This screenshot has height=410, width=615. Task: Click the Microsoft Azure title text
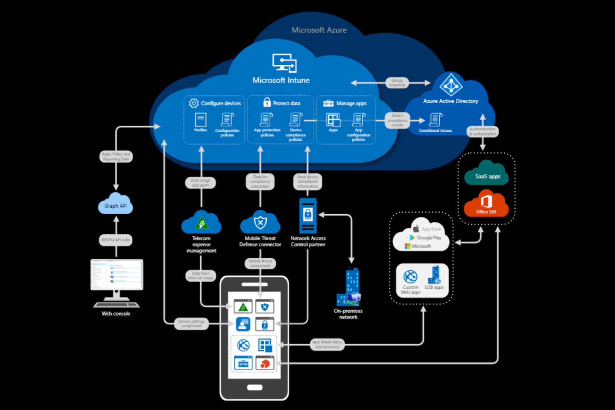(319, 30)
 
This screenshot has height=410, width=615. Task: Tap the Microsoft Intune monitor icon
(284, 63)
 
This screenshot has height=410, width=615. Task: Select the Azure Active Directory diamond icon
(451, 85)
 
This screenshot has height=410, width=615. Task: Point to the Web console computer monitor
(117, 275)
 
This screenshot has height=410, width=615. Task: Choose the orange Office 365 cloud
(486, 204)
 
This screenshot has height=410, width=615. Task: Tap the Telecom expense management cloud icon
(201, 223)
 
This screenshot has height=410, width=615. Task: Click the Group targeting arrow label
(397, 83)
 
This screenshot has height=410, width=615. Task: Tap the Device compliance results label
(397, 121)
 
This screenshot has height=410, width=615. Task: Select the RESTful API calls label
(116, 240)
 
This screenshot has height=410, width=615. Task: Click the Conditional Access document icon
(435, 120)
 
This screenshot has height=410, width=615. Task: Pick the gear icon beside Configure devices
(194, 103)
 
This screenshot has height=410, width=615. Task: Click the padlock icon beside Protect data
(267, 102)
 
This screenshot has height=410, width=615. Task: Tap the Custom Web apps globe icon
(410, 277)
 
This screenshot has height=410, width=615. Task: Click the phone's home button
(255, 387)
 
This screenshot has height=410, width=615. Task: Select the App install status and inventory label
(327, 344)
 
